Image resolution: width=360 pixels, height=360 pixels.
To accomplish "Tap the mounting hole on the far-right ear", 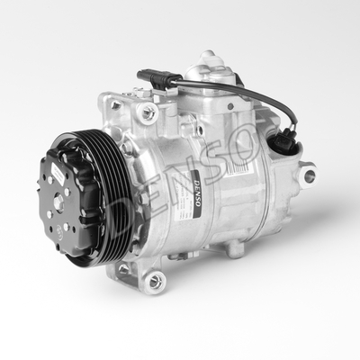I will pos(309,175).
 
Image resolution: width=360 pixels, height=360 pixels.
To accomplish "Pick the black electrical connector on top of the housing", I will pos(153,78).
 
